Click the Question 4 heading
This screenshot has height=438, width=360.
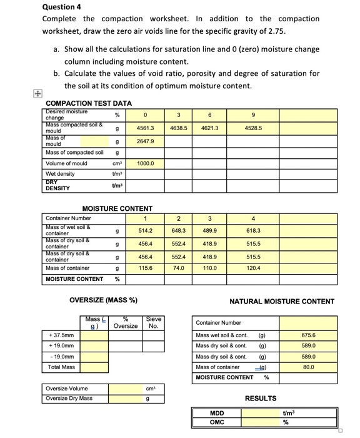pyautogui.click(x=61, y=7)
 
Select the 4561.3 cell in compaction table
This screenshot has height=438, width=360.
pyautogui.click(x=145, y=128)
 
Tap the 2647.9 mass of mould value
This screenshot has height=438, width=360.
pyautogui.click(x=145, y=141)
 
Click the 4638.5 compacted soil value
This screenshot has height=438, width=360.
pyautogui.click(x=180, y=128)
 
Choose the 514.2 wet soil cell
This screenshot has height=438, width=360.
pyautogui.click(x=145, y=231)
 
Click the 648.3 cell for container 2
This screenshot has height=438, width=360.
pyautogui.click(x=179, y=231)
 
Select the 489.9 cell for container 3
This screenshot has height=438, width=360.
pyautogui.click(x=210, y=231)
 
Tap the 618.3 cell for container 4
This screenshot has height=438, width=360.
pyautogui.click(x=253, y=231)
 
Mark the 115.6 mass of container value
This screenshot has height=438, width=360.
pyautogui.click(x=145, y=268)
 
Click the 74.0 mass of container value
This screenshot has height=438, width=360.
pyautogui.click(x=179, y=268)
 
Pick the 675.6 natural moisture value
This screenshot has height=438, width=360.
pyautogui.click(x=308, y=335)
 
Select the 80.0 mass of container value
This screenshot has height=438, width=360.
pyautogui.click(x=308, y=367)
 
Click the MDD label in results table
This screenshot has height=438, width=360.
pyautogui.click(x=217, y=413)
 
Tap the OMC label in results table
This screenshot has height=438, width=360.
pyautogui.click(x=217, y=422)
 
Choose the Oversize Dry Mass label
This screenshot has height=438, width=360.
pyautogui.click(x=69, y=398)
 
